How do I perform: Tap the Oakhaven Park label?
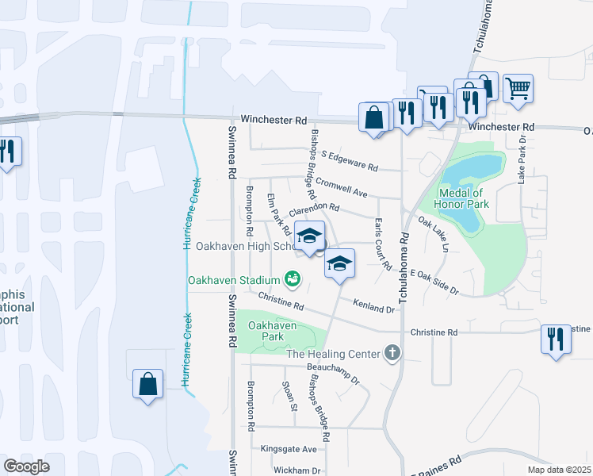point(272,331)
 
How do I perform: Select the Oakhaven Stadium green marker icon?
point(293,279)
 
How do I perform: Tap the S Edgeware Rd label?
point(349,164)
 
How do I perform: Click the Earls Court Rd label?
point(382,245)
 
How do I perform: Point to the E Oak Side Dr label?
point(434,282)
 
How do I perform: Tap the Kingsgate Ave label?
point(289,449)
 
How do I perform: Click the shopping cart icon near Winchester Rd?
point(518,89)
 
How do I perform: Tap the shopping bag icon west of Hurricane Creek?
point(147,385)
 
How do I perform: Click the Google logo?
point(27,466)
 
